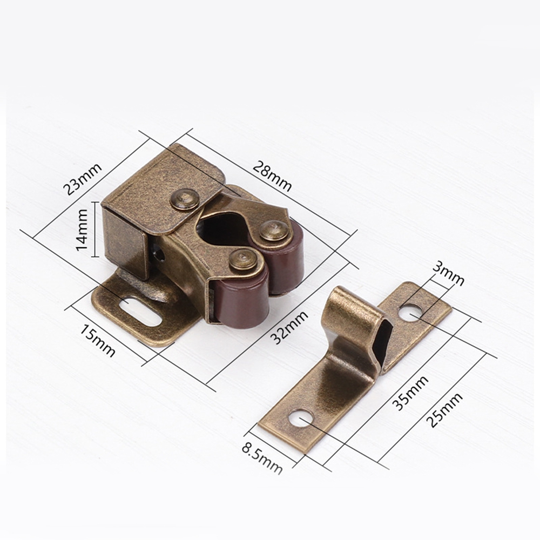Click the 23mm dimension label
tap(82, 179)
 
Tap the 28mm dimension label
tap(272, 176)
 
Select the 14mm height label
tap(82, 230)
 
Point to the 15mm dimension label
tap(98, 340)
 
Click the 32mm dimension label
tap(289, 328)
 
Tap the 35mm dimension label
tap(410, 393)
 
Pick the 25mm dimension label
tap(444, 410)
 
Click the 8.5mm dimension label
tap(262, 458)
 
